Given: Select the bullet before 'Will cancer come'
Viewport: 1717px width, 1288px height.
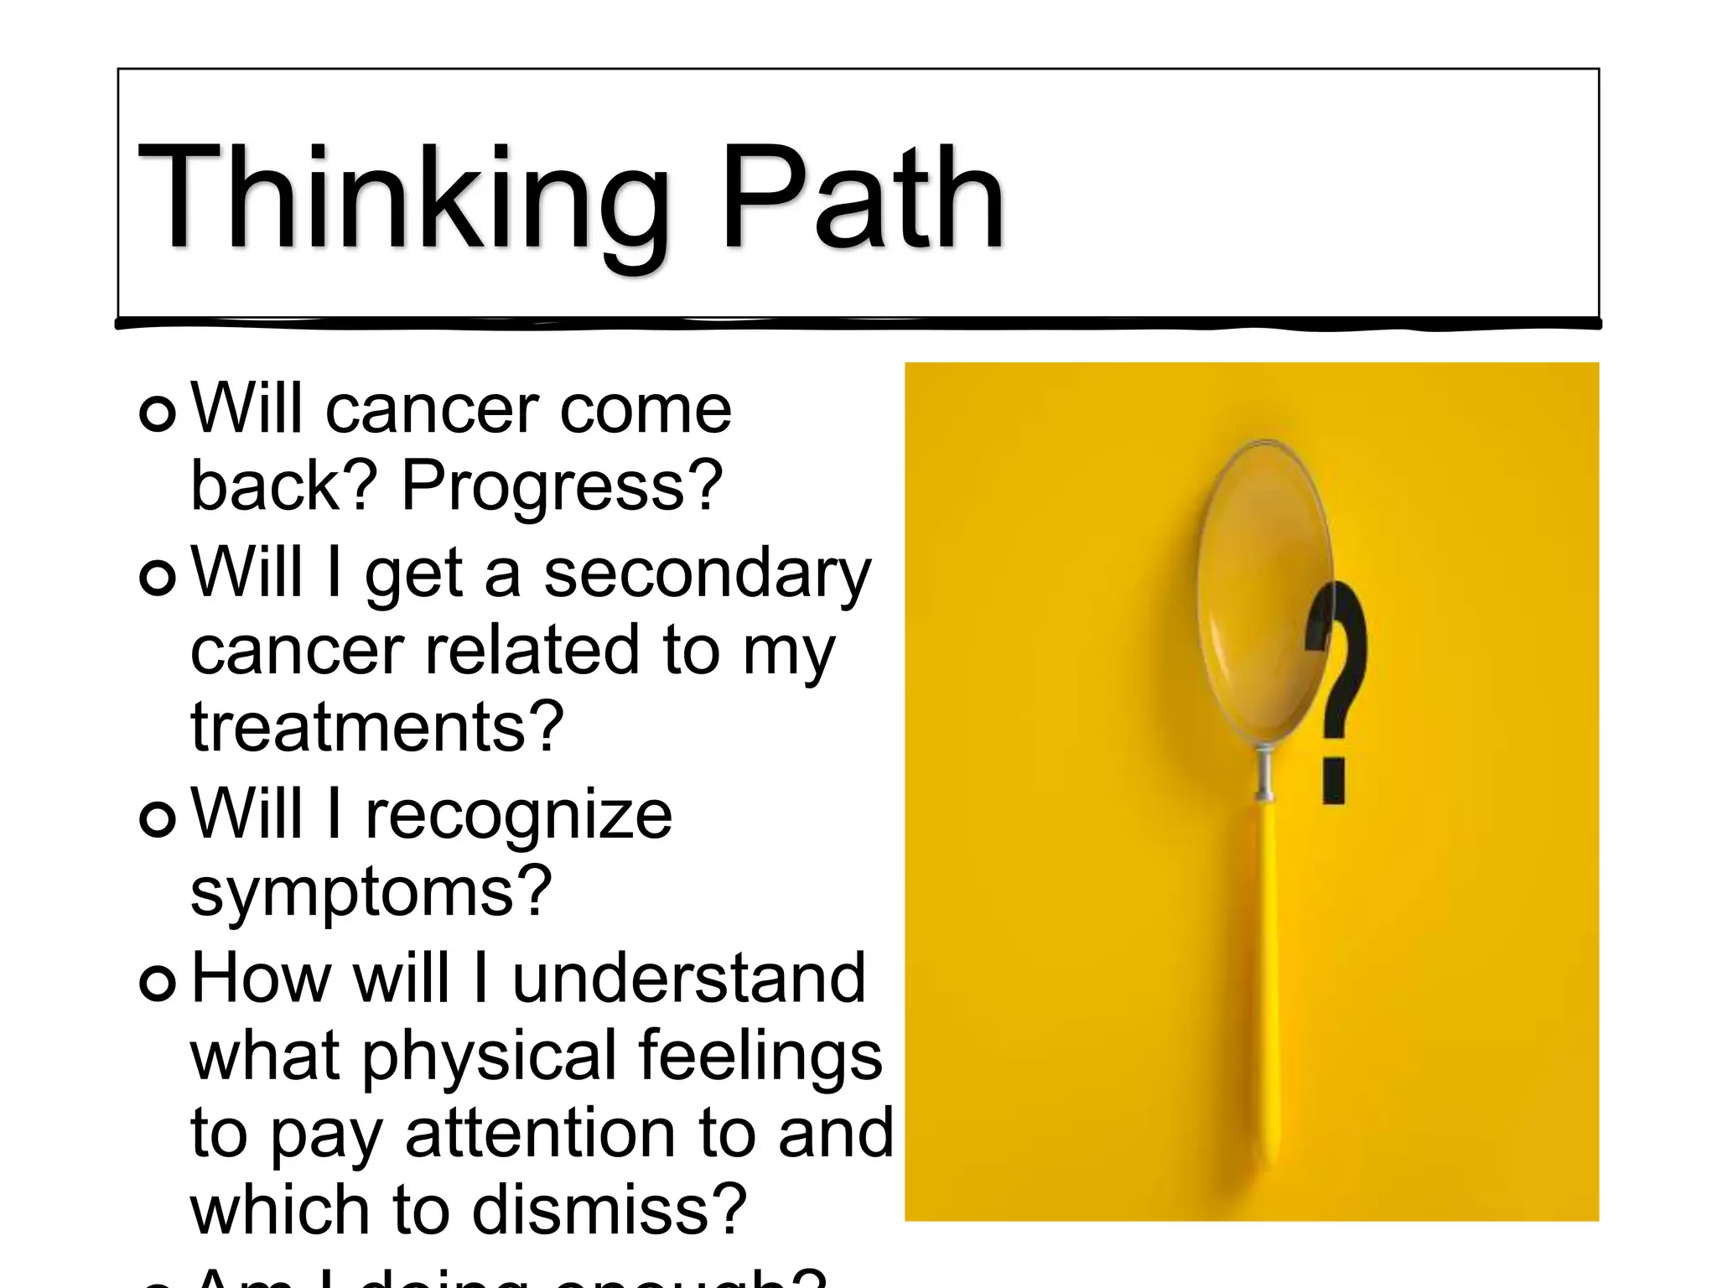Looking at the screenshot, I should [x=158, y=413].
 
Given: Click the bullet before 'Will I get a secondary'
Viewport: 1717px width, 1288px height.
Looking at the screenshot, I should [x=158, y=576].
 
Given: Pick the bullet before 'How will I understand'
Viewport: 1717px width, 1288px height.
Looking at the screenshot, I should [x=158, y=981].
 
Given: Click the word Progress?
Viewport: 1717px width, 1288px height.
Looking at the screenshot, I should [x=562, y=486].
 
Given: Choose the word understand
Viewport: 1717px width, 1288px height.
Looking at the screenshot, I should [x=687, y=979].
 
